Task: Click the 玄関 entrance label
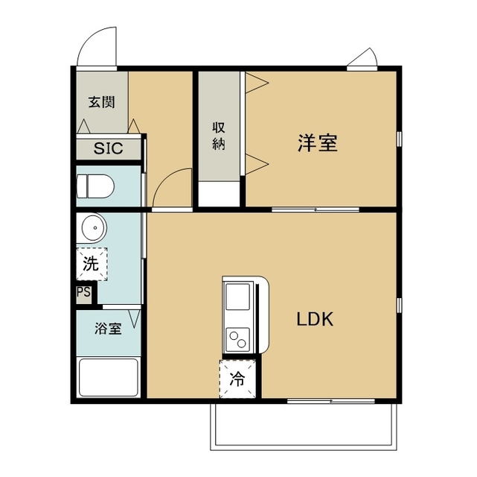[102, 103]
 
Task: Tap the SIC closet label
[109, 148]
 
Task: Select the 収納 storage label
[219, 136]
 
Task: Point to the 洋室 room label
[318, 142]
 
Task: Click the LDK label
[315, 320]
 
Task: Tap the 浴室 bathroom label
[108, 328]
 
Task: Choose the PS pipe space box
[83, 292]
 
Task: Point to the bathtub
[109, 379]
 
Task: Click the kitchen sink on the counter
[239, 297]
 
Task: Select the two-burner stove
[239, 340]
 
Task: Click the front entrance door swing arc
[98, 46]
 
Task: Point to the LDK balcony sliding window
[320, 402]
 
